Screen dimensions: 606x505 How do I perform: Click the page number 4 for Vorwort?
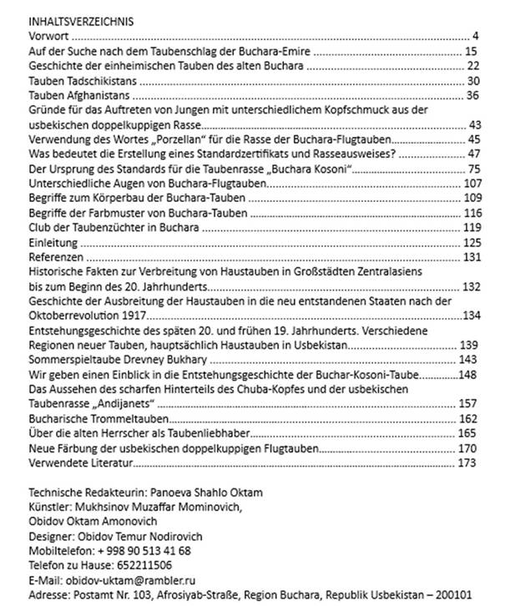click(x=474, y=36)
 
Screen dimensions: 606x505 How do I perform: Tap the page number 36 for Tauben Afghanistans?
click(x=472, y=95)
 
